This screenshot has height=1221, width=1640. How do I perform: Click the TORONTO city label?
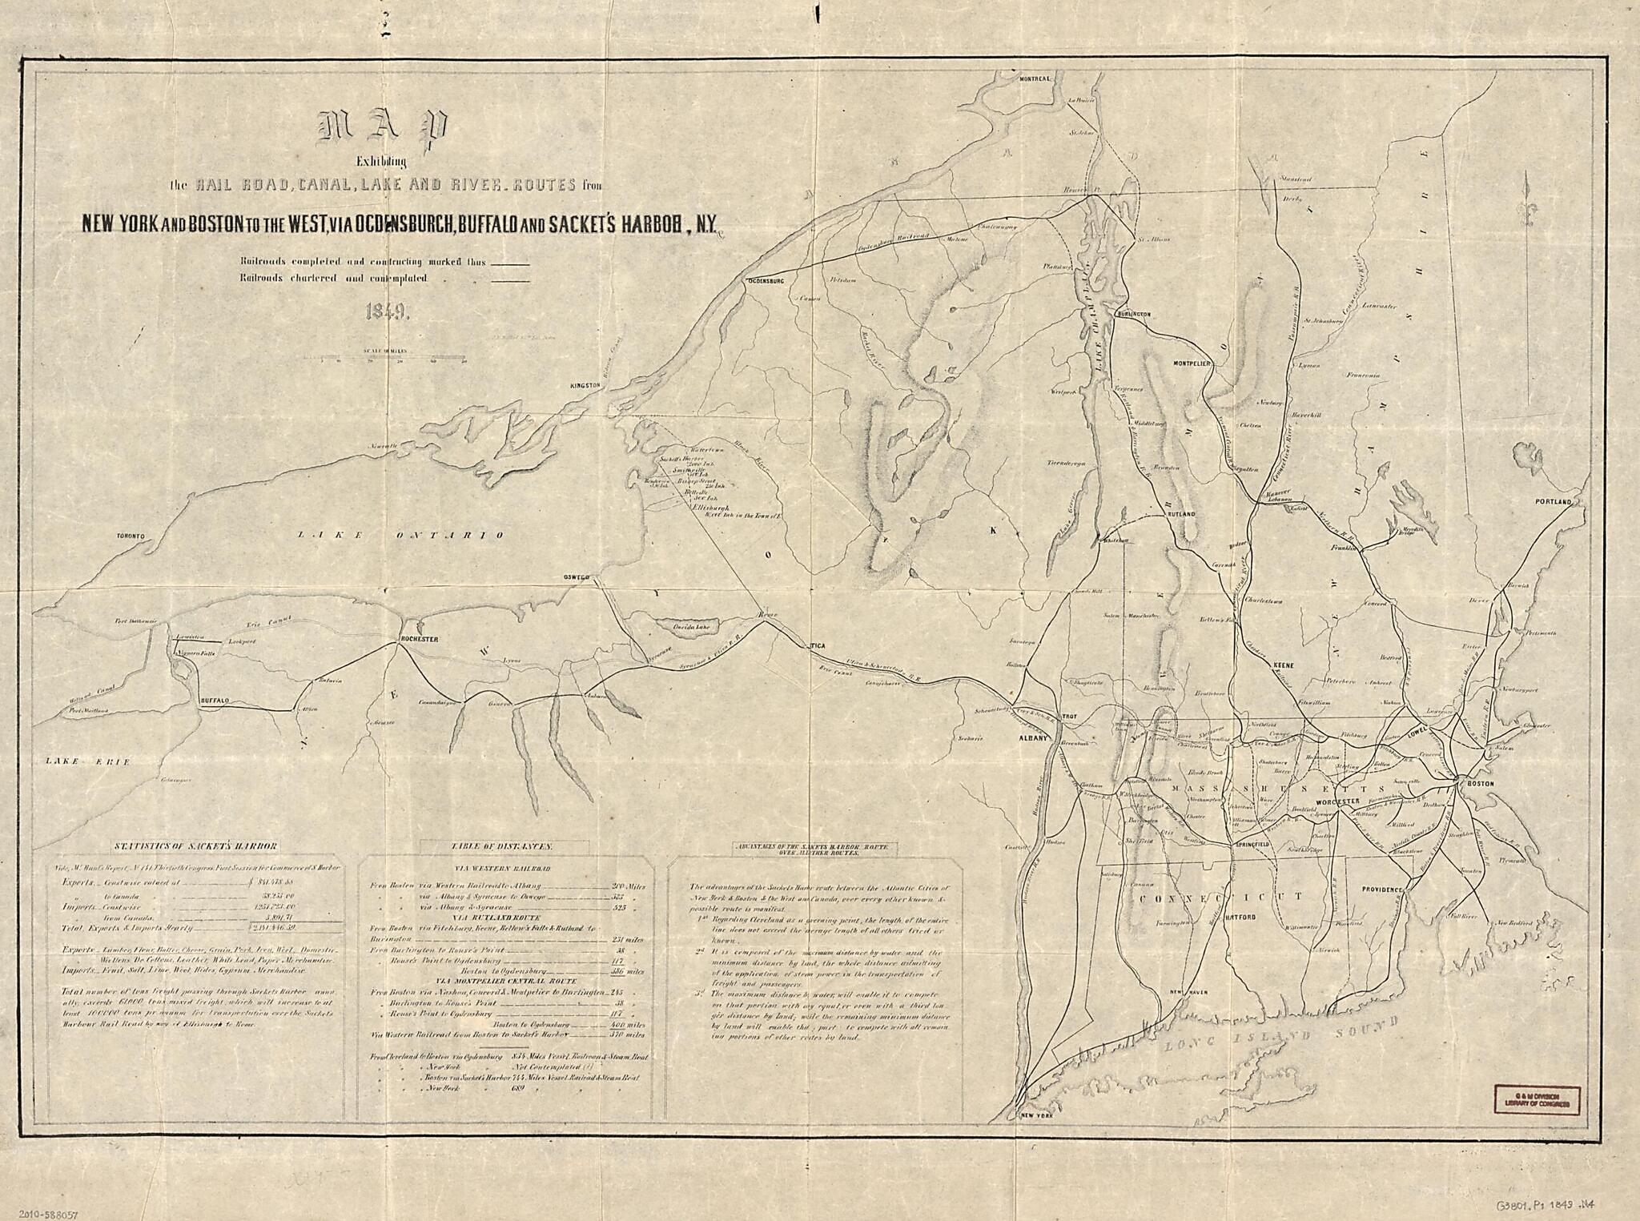(129, 536)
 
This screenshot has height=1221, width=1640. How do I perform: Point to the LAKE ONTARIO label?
(401, 535)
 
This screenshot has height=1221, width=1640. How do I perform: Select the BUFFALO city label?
(214, 701)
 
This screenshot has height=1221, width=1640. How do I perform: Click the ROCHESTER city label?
(420, 638)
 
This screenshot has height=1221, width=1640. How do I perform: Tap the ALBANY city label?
(1033, 739)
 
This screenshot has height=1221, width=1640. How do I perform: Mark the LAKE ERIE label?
(87, 761)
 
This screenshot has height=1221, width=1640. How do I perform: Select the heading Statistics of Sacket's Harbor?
(196, 845)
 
